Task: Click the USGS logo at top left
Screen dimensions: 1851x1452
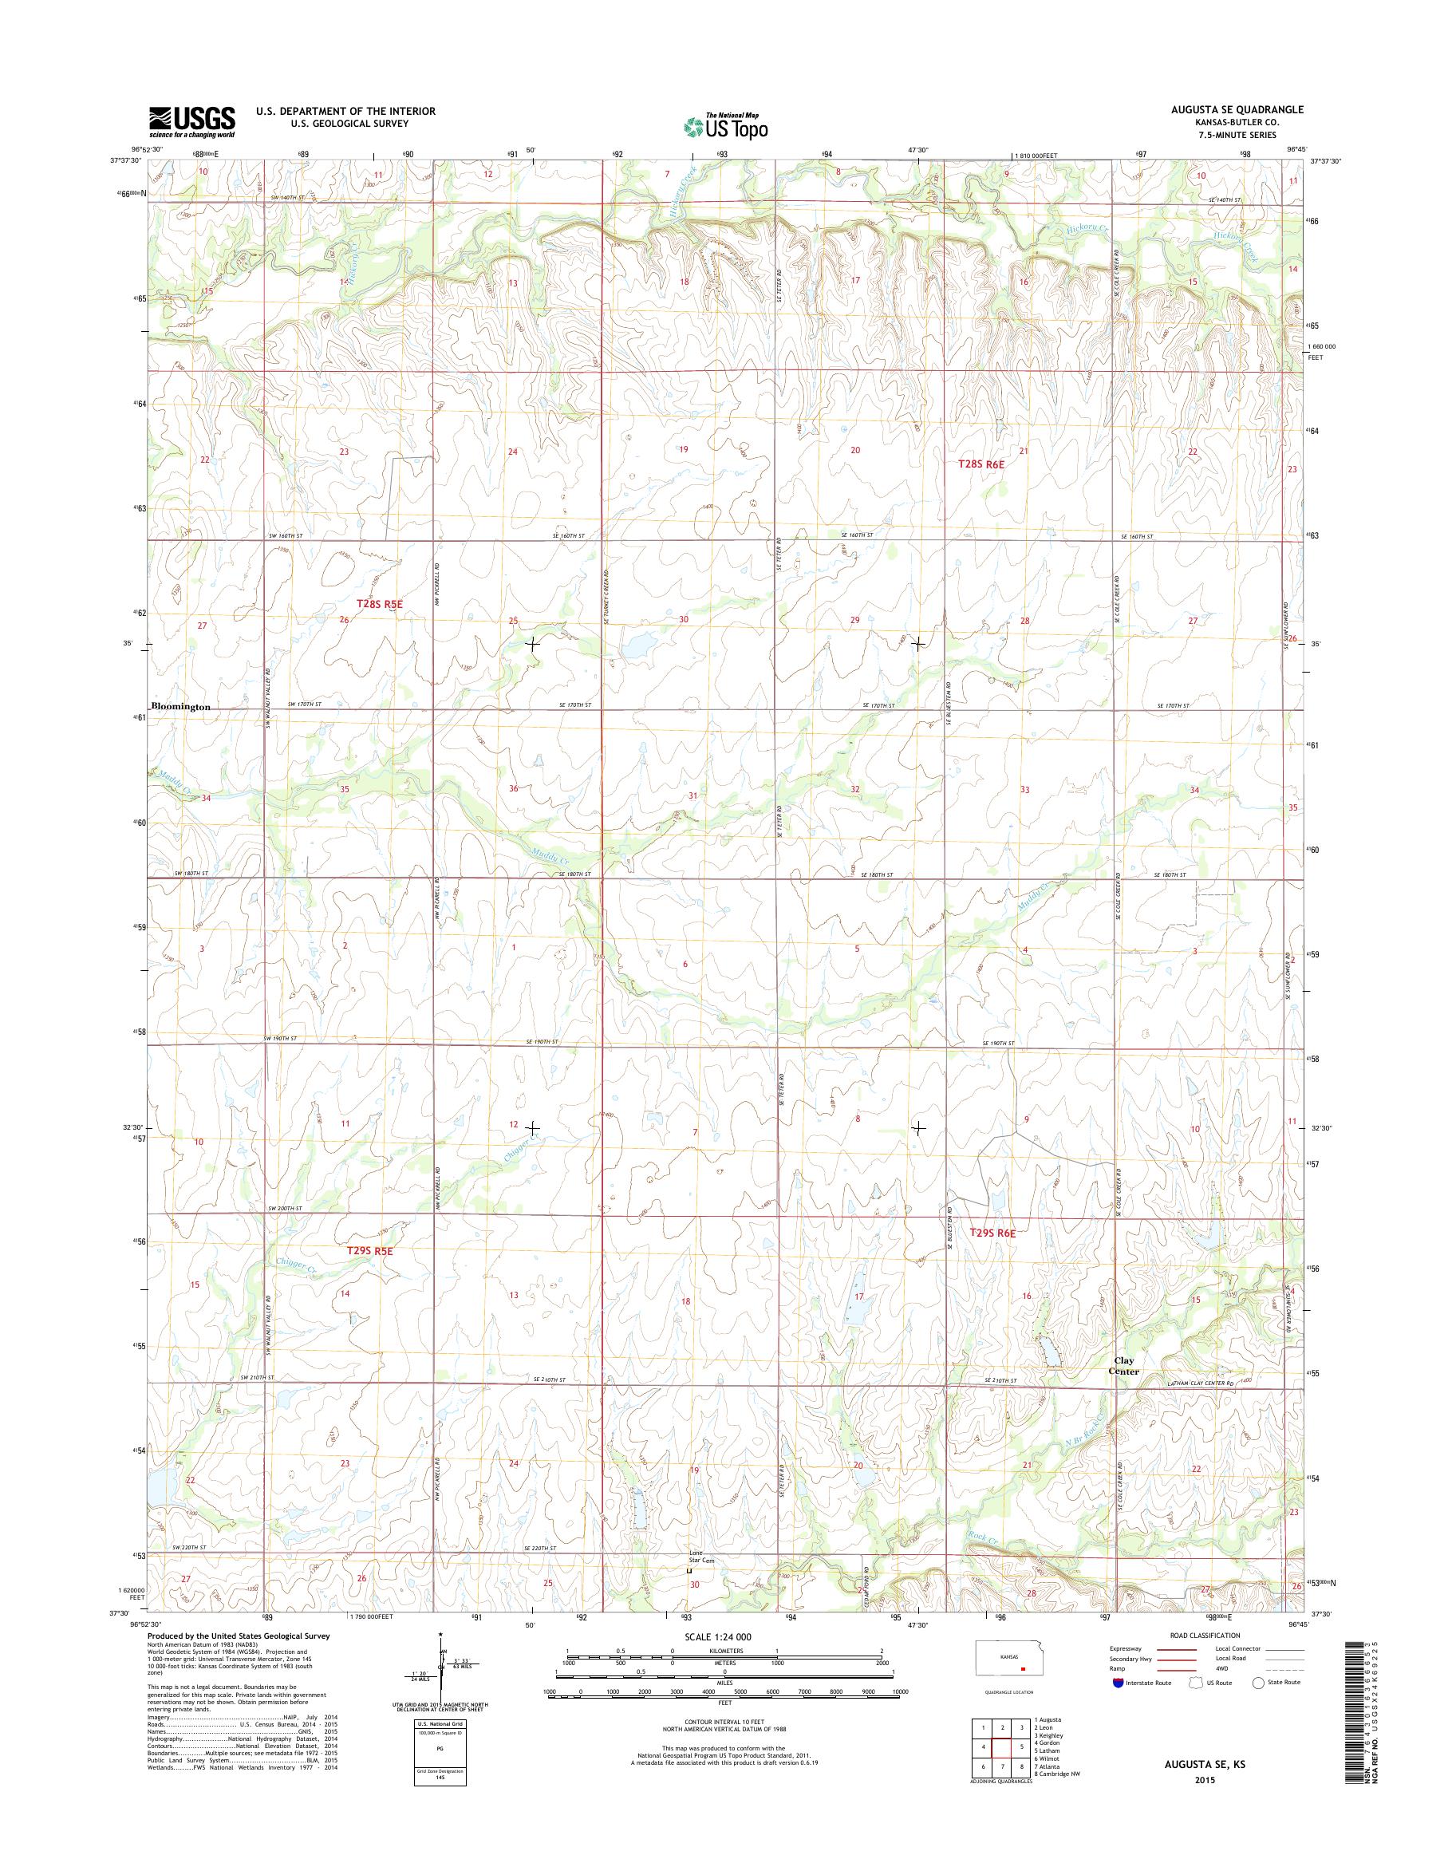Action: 192,121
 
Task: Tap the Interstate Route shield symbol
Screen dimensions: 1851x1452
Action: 1118,1706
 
